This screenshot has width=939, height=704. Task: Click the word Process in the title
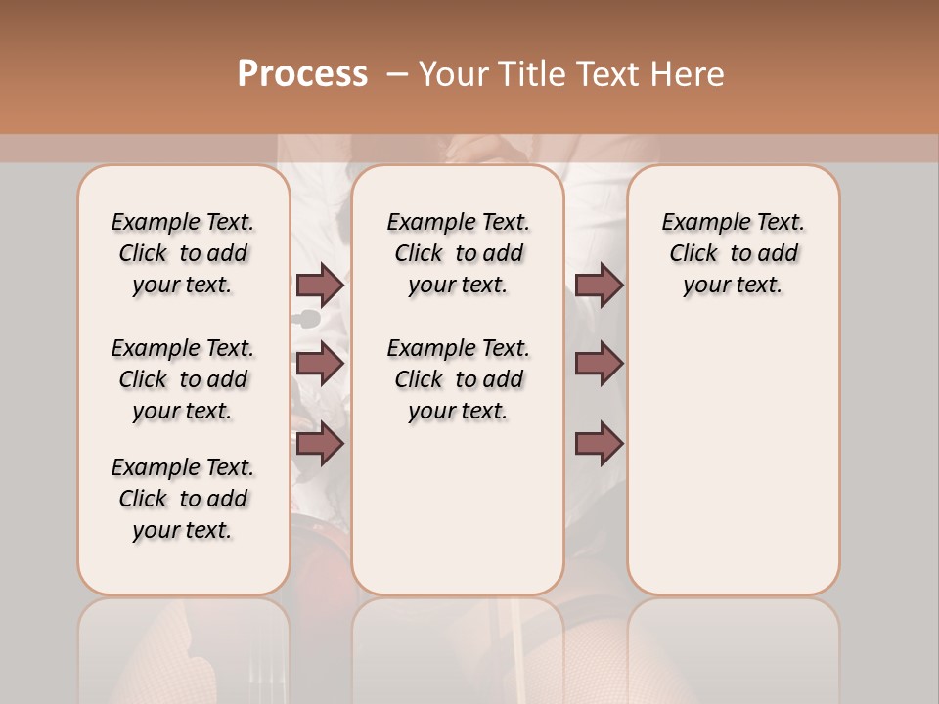click(302, 74)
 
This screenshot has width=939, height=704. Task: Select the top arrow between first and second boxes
click(320, 286)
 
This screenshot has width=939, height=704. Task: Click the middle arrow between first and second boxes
click(320, 364)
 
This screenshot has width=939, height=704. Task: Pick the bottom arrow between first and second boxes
click(320, 444)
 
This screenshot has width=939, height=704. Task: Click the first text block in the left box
click(183, 253)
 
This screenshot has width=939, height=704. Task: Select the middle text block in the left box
click(183, 379)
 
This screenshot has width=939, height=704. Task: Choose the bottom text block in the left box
click(183, 499)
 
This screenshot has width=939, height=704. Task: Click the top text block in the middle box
click(458, 253)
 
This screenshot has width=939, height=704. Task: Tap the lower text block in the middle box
click(458, 379)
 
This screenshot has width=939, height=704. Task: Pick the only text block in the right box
click(733, 253)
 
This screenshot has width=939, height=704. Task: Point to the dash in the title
click(396, 74)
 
